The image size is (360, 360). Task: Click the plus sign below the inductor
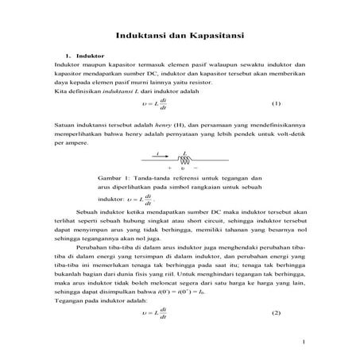(170, 168)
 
